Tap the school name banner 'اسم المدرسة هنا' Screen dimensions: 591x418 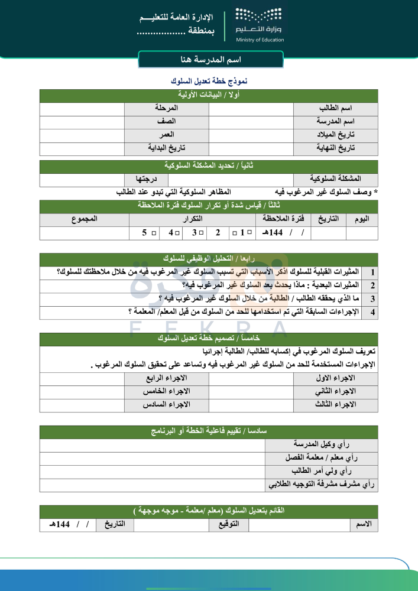coord(210,60)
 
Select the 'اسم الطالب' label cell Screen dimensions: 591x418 coord(335,109)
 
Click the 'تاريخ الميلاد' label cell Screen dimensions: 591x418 coord(335,135)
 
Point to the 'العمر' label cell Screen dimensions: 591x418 coord(166,135)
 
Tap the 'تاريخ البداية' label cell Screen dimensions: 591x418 coord(166,148)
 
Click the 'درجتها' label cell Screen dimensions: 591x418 coord(146,179)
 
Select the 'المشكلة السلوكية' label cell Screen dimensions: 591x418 coord(335,179)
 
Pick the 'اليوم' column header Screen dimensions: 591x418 coord(362,219)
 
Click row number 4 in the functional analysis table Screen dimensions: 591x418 coord(373,312)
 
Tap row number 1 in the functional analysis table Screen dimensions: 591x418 coord(373,272)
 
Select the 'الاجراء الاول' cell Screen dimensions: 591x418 coord(335,378)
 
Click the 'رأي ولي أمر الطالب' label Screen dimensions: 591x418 coord(321,472)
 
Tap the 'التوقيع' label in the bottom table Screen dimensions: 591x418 coord(229,525)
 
